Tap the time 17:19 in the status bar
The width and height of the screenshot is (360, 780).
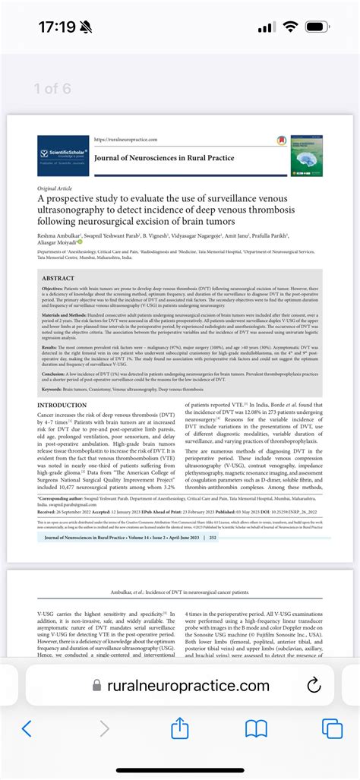57,27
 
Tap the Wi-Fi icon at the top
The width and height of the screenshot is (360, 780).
290,27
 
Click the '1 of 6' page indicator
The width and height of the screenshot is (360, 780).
52,88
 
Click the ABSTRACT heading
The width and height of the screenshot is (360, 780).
58,278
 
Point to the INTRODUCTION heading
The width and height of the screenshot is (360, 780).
62,406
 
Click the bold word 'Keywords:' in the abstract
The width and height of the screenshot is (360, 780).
52,390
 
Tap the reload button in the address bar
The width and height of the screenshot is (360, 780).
314,686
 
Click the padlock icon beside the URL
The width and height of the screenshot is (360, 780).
96,686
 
